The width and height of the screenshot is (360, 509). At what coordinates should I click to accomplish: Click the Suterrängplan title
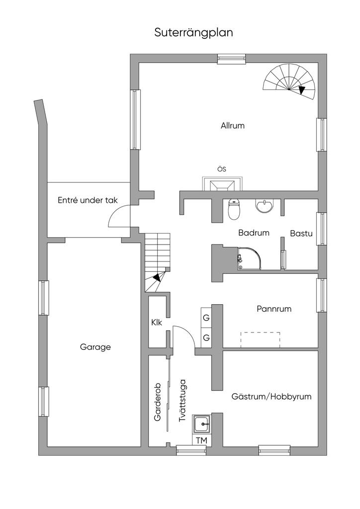tap(193, 33)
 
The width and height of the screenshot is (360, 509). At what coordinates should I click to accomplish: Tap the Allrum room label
tap(233, 126)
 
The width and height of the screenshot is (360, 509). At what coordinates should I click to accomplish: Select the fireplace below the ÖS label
tap(222, 184)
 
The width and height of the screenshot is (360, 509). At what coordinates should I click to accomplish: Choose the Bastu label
tap(301, 233)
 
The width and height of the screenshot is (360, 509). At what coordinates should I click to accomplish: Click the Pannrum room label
tap(274, 309)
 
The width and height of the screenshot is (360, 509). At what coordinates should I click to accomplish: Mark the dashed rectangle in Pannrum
tap(260, 339)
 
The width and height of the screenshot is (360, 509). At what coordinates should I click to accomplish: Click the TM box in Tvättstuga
tap(201, 440)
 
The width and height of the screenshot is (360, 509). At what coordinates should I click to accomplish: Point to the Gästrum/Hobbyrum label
tap(271, 397)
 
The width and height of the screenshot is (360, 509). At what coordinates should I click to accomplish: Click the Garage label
tap(95, 347)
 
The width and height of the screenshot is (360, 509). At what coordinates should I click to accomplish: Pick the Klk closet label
tap(157, 322)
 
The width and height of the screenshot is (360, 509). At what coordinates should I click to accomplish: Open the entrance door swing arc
tap(118, 217)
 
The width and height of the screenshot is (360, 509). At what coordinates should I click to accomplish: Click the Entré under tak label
tap(88, 200)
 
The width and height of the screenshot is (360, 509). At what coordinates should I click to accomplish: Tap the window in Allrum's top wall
tap(232, 59)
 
